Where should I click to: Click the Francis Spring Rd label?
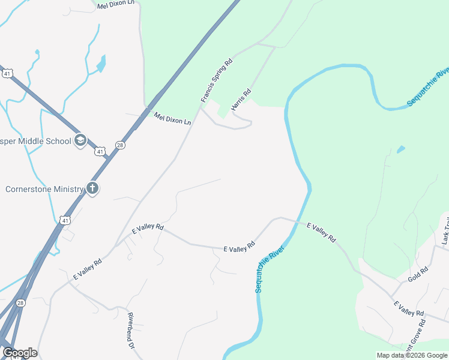tap(216, 79)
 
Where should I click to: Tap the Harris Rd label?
tap(241, 99)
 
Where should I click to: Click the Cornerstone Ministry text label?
tap(44, 189)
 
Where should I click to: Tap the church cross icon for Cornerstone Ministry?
tap(92, 188)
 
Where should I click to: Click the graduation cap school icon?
tap(80, 141)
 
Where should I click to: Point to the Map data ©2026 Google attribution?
tap(412, 355)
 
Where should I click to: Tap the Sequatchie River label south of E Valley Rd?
tap(268, 268)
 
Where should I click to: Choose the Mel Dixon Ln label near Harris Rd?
tap(172, 118)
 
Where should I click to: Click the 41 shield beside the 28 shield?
tap(100, 151)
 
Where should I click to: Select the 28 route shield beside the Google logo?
tap(20, 303)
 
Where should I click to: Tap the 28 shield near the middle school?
tap(121, 145)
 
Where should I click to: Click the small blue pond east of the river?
tap(400, 149)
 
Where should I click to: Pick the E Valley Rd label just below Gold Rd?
tap(409, 309)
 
